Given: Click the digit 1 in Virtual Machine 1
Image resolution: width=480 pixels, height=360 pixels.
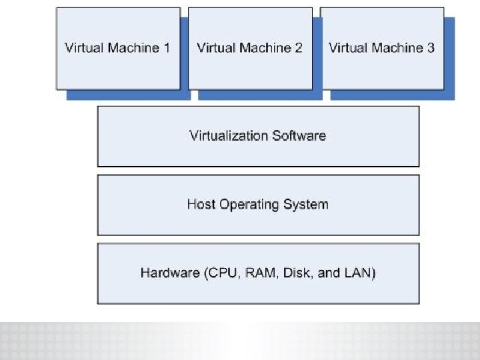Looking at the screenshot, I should click(167, 48).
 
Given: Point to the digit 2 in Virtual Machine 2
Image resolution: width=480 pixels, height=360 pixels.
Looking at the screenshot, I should click(299, 48).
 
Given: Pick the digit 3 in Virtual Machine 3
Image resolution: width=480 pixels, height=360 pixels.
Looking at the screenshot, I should click(431, 48).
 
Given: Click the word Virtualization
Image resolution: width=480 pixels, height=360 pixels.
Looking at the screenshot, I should click(227, 136).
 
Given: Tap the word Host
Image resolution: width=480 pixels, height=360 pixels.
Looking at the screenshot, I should click(201, 204).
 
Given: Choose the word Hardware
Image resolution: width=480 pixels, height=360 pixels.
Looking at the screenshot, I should click(170, 273).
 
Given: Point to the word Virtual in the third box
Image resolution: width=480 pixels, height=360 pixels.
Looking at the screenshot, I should click(347, 48).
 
